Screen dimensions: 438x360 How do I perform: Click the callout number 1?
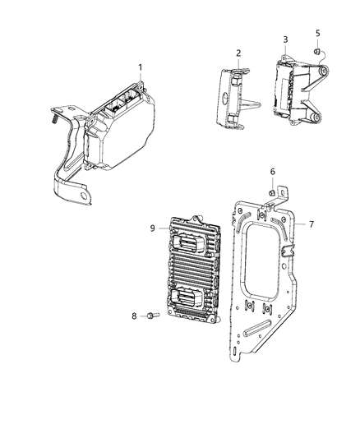point(141,67)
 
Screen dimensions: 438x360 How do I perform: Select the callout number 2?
point(238,53)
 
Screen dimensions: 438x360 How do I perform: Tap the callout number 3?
point(284,39)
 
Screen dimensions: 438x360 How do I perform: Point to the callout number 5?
point(317,34)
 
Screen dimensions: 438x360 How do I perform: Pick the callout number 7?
point(301,223)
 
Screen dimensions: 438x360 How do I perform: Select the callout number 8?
point(134,316)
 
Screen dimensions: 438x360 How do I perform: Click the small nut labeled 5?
point(316,53)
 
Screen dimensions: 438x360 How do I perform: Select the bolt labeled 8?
point(153,316)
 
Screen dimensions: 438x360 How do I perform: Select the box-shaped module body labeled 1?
point(123,131)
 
